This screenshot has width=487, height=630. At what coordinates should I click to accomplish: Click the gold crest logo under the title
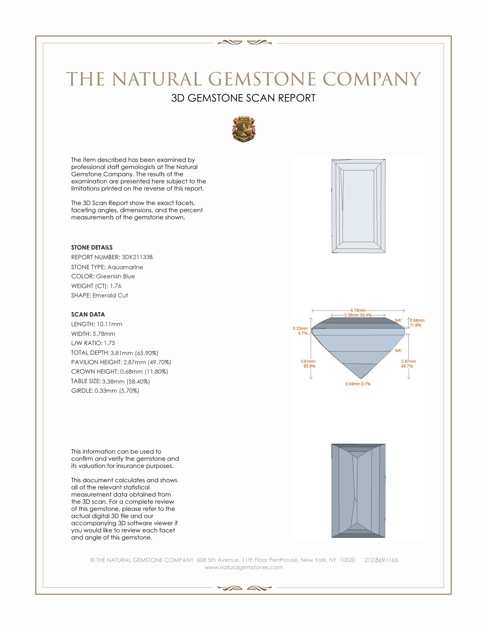click(244, 129)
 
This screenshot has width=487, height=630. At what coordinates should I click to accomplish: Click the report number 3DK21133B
click(137, 257)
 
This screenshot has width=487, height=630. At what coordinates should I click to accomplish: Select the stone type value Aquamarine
click(125, 267)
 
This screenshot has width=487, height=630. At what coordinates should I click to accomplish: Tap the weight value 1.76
click(115, 286)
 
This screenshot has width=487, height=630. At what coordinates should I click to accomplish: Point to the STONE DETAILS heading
click(92, 247)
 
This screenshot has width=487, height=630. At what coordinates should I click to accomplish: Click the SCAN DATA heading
click(88, 314)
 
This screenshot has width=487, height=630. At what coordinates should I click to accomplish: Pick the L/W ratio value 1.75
click(110, 343)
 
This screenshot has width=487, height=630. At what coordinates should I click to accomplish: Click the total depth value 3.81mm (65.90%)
click(134, 353)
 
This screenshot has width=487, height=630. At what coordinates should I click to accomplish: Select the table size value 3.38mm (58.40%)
click(126, 381)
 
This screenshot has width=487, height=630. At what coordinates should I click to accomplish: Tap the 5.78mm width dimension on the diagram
click(358, 310)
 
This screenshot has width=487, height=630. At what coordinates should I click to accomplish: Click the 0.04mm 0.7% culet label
click(358, 384)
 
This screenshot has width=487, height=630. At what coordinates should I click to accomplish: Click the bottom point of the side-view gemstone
click(361, 379)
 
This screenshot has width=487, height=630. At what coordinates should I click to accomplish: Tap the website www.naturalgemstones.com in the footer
click(244, 567)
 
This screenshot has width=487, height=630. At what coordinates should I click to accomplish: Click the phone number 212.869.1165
click(381, 560)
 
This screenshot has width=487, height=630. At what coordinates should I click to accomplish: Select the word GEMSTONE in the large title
click(262, 79)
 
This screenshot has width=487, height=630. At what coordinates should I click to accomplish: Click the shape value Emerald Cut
click(110, 296)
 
